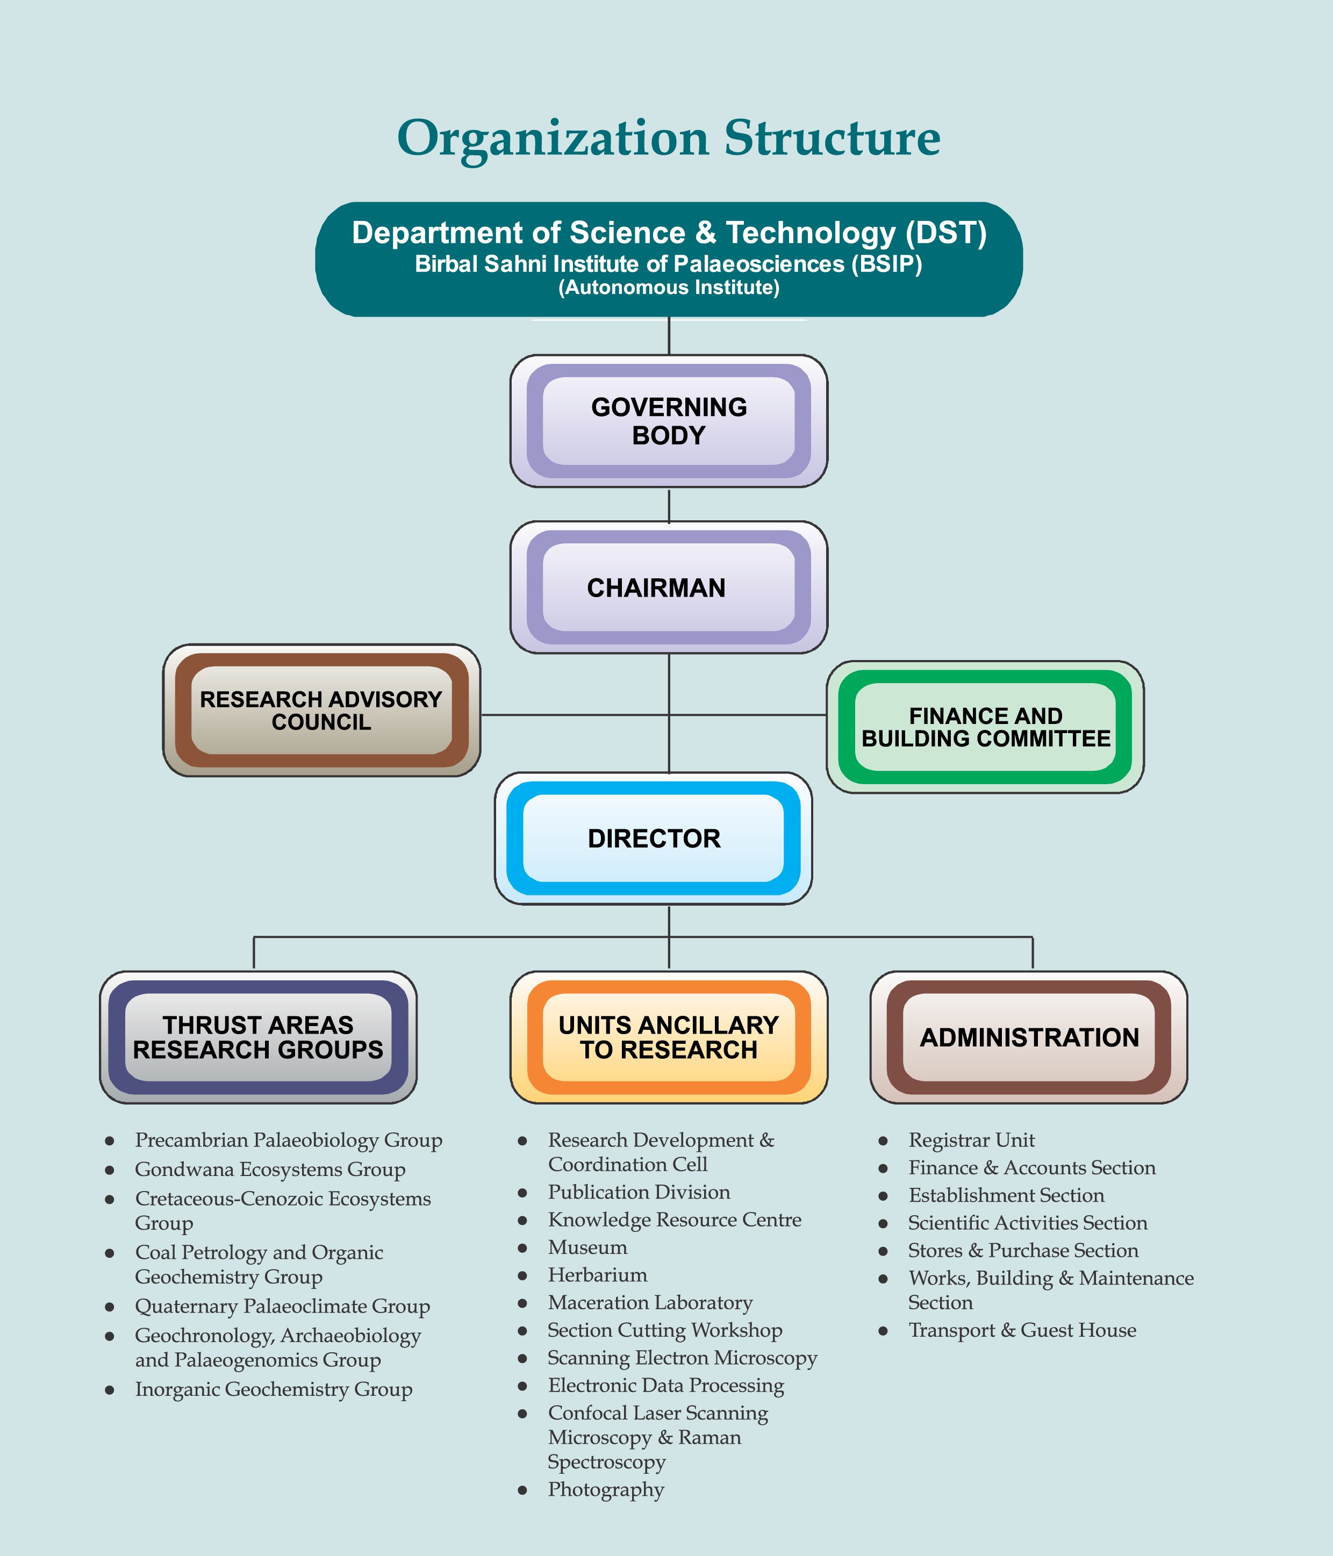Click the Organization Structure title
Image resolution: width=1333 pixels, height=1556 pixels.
coord(668,139)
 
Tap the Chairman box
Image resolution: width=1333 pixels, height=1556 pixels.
coord(668,587)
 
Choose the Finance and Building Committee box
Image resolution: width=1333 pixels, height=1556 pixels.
coord(985,727)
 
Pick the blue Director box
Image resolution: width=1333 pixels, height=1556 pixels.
coord(654,838)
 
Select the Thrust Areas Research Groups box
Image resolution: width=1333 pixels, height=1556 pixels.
coord(259,1037)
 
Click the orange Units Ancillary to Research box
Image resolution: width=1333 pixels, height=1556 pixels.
coord(668,1037)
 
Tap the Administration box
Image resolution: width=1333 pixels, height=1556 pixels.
coord(1029,1037)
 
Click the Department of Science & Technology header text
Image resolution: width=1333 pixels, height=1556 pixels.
coord(669,233)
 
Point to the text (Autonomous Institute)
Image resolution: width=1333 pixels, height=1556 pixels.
coord(669,288)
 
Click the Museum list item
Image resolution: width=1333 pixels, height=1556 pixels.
coord(587,1247)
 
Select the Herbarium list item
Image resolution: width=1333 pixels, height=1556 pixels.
coord(598,1275)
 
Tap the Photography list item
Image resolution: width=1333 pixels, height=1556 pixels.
coord(606,1490)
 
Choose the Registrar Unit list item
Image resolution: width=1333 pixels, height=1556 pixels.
coord(972,1140)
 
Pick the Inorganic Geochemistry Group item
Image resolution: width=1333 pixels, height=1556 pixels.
coord(274,1390)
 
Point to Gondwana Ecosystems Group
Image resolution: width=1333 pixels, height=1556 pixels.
coord(270,1170)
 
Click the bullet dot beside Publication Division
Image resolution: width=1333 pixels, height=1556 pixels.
coord(522,1193)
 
